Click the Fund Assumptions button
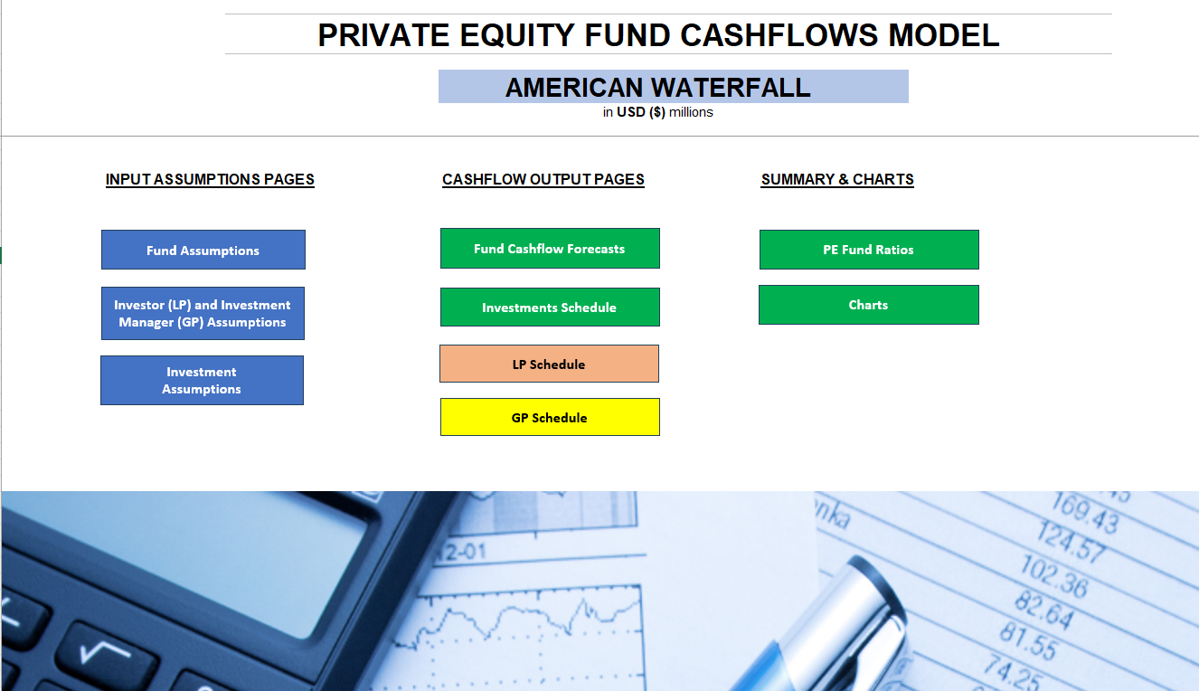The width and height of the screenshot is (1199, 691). [203, 250]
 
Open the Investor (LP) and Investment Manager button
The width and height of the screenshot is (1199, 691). [203, 313]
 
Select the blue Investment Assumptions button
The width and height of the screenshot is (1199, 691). [202, 380]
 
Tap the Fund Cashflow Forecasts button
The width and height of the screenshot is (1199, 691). [550, 249]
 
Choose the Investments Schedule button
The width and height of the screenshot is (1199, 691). [550, 308]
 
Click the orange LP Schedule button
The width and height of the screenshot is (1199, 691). [549, 364]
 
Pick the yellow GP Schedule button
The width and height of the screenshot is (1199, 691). [550, 417]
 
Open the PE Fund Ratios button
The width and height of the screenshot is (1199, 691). [869, 250]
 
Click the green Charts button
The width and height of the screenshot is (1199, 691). [869, 305]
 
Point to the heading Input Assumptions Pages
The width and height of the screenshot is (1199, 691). [210, 179]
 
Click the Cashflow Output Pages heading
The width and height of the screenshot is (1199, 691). [543, 179]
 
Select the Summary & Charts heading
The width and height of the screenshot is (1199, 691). [837, 179]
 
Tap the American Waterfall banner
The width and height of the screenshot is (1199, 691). [674, 86]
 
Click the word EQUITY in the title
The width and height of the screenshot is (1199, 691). [516, 35]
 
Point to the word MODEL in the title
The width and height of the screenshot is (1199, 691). [944, 35]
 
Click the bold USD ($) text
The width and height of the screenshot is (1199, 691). [641, 112]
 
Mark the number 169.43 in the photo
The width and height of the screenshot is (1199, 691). [1085, 514]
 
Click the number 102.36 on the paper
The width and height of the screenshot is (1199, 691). [1054, 575]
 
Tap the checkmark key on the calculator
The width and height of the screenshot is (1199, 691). [106, 655]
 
